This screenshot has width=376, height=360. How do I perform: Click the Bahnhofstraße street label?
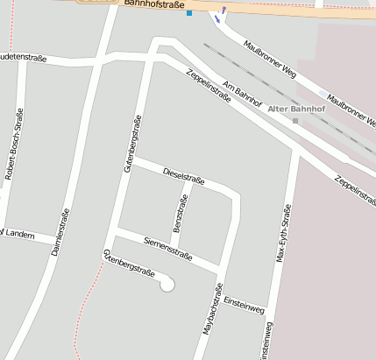[153, 4]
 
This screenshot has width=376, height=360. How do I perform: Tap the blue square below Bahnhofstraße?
[189, 13]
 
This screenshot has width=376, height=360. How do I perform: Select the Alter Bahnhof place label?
[295, 109]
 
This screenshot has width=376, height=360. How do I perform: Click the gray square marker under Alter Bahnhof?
[295, 120]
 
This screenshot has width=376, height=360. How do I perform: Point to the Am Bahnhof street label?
[243, 95]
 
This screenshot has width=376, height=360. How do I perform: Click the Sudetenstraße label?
[21, 57]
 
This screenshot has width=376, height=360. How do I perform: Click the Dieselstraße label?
[184, 176]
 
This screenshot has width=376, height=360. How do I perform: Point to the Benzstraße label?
[180, 215]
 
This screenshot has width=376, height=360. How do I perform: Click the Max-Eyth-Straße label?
[282, 233]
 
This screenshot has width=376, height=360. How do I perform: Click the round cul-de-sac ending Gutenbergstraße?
[167, 284]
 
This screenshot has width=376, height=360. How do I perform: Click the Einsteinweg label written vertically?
[266, 341]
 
